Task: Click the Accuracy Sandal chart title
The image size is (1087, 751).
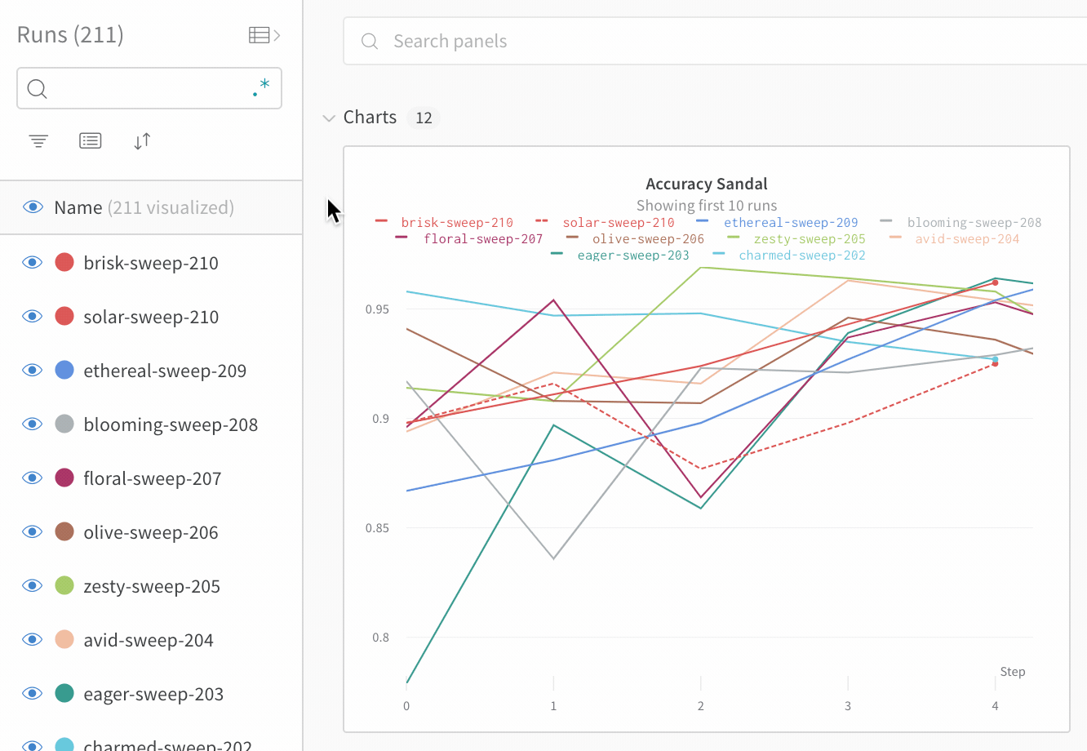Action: coord(706,184)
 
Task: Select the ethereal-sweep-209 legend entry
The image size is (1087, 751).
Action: coord(790,222)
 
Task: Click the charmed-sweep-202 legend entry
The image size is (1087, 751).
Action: coord(801,255)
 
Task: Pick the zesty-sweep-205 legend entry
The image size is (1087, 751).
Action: coord(809,238)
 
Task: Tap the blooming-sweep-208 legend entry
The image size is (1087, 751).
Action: coord(974,222)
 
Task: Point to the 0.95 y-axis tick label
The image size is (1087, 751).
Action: coord(377,309)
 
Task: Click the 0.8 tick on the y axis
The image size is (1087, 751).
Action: coord(380,638)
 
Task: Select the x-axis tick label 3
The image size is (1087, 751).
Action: coord(848,706)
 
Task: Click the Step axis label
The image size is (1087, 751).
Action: coord(1012,672)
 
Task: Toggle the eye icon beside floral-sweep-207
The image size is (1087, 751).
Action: coord(32,478)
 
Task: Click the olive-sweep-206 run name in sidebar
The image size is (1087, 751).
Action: coord(150,532)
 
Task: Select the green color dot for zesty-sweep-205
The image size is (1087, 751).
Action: coord(64,585)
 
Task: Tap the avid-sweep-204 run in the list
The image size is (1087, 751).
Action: coord(148,640)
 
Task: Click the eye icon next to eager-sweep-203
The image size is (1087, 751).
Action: coord(32,693)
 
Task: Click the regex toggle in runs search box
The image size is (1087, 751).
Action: coord(261,88)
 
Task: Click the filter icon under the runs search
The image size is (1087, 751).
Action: coord(38,141)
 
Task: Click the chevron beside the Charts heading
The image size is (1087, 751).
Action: coord(329,118)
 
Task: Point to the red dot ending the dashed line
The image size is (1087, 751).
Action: coord(995,363)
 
